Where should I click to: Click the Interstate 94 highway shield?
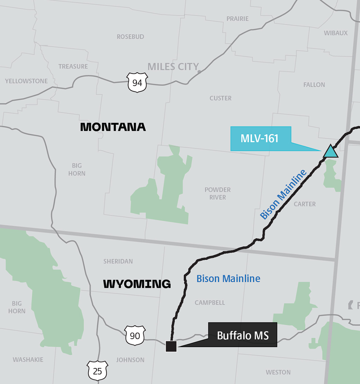137,82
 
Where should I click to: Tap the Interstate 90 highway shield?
135,335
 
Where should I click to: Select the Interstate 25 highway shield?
97,371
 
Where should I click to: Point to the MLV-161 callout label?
260,138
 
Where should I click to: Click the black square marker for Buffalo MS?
171,346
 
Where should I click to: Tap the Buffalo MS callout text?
243,335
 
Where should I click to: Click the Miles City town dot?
199,71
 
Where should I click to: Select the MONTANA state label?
113,127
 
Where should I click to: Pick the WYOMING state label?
137,284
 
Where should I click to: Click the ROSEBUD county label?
130,37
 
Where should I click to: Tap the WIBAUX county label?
336,33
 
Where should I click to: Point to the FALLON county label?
314,85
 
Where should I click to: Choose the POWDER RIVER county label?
217,193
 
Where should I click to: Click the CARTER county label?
304,204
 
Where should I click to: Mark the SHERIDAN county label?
118,261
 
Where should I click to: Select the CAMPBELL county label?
210,303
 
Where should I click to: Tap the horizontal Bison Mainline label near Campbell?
228,279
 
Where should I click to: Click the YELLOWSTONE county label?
26,81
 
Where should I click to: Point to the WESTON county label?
278,372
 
